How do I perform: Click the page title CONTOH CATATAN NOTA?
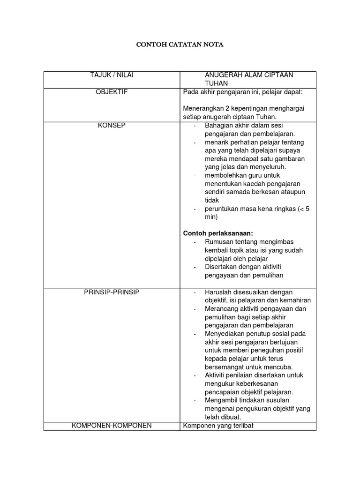click(x=180, y=45)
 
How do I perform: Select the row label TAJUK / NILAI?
click(x=112, y=75)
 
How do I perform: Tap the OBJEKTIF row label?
click(x=112, y=92)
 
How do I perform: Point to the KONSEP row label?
click(x=112, y=125)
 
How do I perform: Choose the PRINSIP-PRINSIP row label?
click(x=112, y=292)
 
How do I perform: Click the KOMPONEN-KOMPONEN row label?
click(x=112, y=426)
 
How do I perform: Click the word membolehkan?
click(x=225, y=175)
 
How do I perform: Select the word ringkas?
click(x=284, y=209)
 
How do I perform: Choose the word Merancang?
click(x=221, y=308)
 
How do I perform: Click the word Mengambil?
click(x=222, y=400)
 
